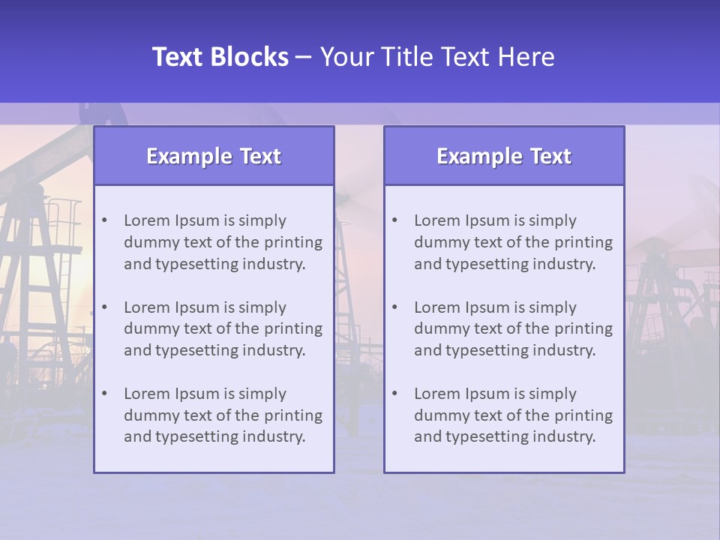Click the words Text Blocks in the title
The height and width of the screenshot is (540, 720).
pyautogui.click(x=220, y=57)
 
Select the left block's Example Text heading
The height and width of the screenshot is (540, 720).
pyautogui.click(x=214, y=156)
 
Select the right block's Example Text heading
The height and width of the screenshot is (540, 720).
pyautogui.click(x=504, y=156)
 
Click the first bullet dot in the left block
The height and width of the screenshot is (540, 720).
pyautogui.click(x=104, y=220)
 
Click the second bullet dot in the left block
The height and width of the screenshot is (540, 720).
pyautogui.click(x=104, y=307)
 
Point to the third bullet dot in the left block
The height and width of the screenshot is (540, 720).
pyautogui.click(x=104, y=394)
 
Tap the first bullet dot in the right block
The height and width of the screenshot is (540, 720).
pyautogui.click(x=394, y=220)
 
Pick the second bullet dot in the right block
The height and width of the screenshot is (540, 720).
pyautogui.click(x=394, y=307)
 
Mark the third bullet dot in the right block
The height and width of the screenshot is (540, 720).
pyautogui.click(x=394, y=394)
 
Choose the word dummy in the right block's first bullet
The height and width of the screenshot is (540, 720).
pyautogui.click(x=438, y=242)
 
